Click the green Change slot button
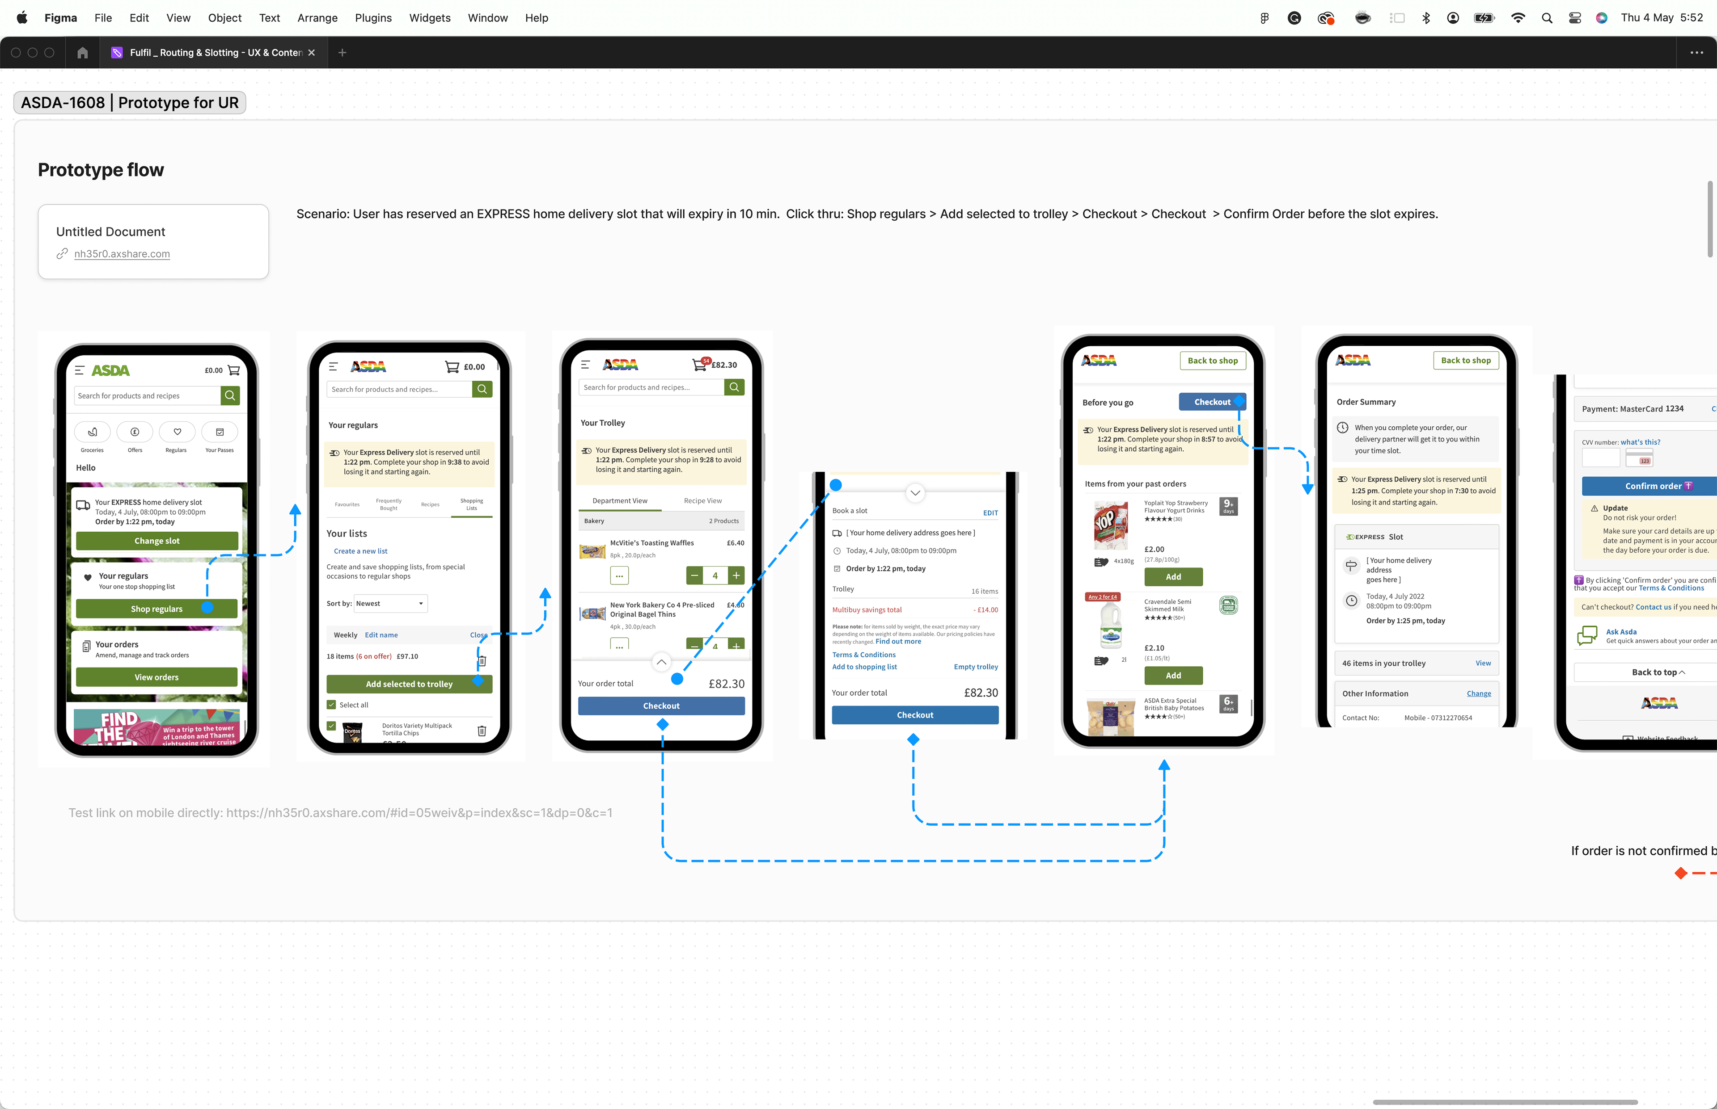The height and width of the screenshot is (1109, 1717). coord(156,541)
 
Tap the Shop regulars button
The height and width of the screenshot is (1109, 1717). coord(156,609)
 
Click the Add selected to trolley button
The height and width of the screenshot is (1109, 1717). coord(409,684)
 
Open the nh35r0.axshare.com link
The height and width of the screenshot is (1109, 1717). coord(122,254)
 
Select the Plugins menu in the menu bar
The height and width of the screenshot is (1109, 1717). coord(372,18)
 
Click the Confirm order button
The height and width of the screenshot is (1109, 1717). coord(1653,486)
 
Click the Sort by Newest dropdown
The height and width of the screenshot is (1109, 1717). coord(390,604)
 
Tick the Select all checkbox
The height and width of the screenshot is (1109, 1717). coord(331,705)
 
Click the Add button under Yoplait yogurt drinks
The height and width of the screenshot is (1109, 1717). coord(1173,577)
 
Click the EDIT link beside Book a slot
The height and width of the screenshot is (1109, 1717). coord(990,513)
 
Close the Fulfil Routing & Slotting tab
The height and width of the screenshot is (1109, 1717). coord(311,53)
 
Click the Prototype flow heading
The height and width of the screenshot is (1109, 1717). coord(101,170)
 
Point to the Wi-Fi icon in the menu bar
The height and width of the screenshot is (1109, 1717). coord(1518,18)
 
